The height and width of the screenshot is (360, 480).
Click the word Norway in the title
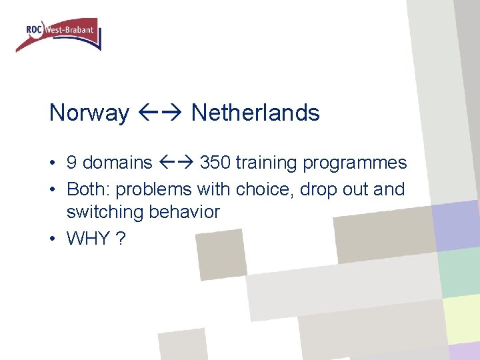point(89,113)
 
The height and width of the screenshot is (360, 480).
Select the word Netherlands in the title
point(255,113)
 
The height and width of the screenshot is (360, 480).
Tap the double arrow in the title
point(160,113)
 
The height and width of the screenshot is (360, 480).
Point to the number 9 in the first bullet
point(72,163)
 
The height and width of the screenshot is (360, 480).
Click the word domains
point(118,163)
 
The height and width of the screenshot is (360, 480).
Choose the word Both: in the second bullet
point(89,189)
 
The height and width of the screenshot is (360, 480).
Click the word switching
point(105,213)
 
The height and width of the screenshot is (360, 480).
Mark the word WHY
point(88,239)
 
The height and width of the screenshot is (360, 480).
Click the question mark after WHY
point(121,239)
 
